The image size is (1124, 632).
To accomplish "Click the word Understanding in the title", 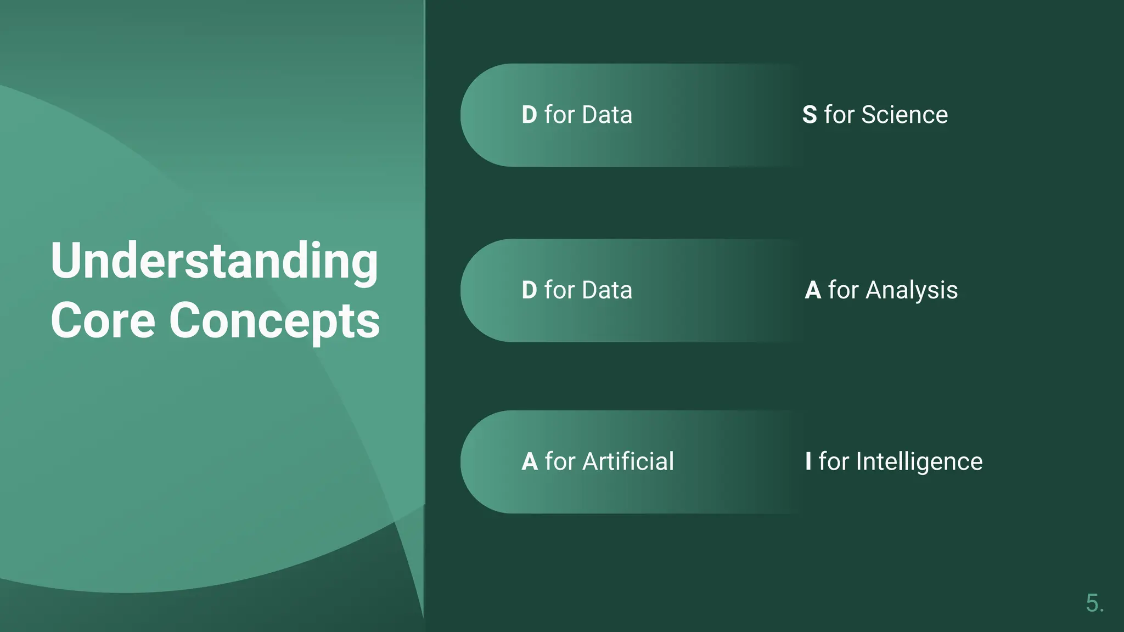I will tap(214, 261).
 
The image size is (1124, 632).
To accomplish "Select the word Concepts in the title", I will tap(274, 321).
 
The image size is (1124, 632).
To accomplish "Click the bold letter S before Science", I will tap(810, 115).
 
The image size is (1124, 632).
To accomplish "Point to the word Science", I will tap(904, 115).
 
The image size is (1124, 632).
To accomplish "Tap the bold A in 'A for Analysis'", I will tap(813, 290).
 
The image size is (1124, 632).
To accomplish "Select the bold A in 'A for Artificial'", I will tap(530, 462).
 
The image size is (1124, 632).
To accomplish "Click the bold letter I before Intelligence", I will tap(808, 461).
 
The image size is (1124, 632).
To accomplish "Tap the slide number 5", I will tap(1094, 603).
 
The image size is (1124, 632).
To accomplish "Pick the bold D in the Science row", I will tap(530, 115).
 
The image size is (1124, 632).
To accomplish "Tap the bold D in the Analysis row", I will tap(530, 290).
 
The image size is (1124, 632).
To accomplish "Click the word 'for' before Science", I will tap(839, 115).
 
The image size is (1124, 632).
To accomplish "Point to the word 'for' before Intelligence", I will tap(834, 461).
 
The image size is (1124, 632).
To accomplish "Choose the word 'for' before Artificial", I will tap(560, 461).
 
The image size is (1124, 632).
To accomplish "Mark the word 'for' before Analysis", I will tap(843, 290).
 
